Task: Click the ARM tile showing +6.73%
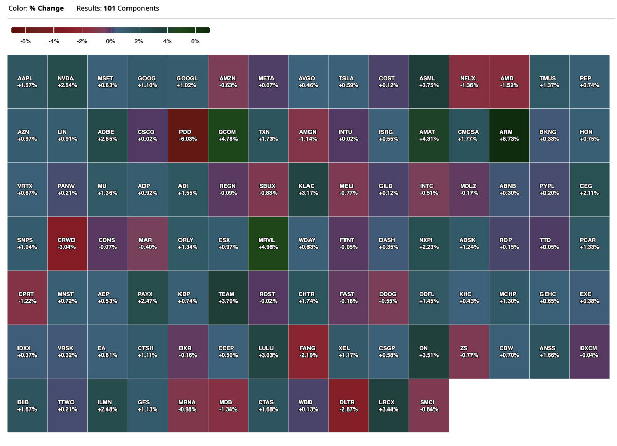click(509, 135)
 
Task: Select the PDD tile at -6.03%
click(188, 135)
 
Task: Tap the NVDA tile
click(67, 81)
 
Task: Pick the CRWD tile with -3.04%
click(67, 243)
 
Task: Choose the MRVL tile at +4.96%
click(268, 243)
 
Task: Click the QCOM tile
click(228, 135)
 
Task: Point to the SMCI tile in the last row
click(429, 405)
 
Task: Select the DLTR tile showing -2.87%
click(349, 405)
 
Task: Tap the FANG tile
click(308, 351)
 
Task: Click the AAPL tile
click(27, 81)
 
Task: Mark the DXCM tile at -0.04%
click(589, 351)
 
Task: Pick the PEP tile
click(589, 81)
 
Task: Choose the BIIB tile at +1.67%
click(27, 405)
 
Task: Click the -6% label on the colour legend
click(26, 41)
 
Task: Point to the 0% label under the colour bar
click(111, 41)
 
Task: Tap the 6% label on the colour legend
click(195, 41)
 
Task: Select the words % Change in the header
click(47, 8)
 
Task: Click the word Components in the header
click(138, 8)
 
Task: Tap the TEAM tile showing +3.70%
click(228, 297)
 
